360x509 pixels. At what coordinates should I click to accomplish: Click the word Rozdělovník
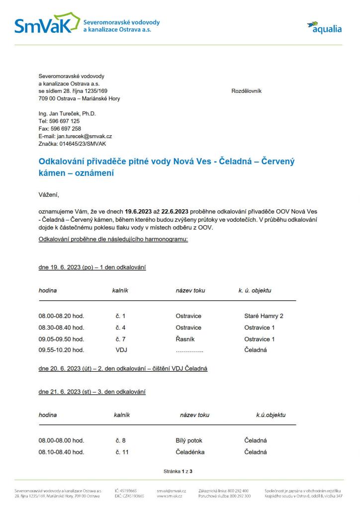tap(246, 91)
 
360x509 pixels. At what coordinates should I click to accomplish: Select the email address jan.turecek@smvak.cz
tap(84, 136)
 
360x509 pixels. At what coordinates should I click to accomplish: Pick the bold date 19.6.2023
tap(140, 211)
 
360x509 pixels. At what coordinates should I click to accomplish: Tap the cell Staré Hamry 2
tap(264, 316)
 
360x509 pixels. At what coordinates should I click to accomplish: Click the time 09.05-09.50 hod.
tap(61, 339)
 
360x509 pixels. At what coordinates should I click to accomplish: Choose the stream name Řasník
tap(184, 339)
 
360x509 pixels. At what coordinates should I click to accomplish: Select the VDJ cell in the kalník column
tap(121, 350)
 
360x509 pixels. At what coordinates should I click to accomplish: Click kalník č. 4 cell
tap(120, 328)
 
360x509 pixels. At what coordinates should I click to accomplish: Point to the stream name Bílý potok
tap(189, 440)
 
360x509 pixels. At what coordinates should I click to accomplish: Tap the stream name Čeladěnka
tap(190, 452)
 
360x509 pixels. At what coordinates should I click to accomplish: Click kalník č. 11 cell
tap(122, 452)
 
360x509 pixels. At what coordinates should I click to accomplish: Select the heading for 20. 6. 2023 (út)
tap(123, 368)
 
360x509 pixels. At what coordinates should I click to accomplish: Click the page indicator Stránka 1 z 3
tap(178, 470)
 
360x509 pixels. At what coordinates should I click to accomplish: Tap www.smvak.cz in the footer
tap(169, 496)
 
